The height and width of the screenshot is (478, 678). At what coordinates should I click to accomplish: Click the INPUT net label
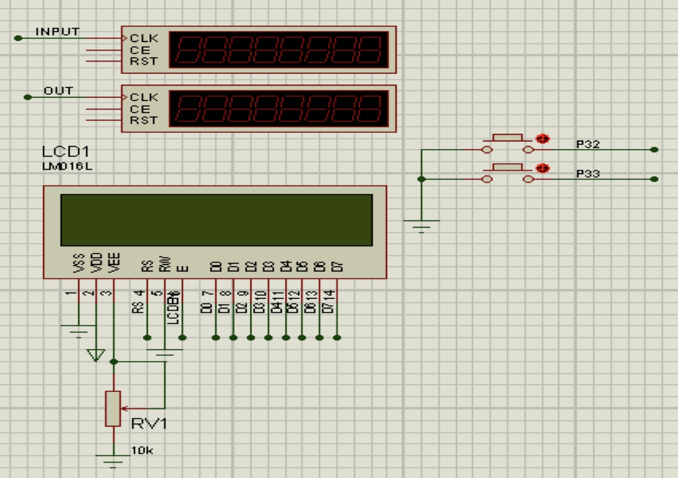(x=57, y=32)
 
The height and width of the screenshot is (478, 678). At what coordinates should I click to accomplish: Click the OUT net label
(x=58, y=91)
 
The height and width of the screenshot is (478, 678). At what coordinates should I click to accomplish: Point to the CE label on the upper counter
(x=138, y=50)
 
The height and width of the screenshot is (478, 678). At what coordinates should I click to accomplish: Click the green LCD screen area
(x=216, y=220)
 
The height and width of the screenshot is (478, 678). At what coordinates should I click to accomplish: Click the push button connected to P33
(x=508, y=168)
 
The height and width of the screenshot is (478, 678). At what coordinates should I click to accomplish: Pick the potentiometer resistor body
(x=113, y=408)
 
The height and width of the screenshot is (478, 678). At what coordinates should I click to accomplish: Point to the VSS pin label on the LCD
(x=80, y=264)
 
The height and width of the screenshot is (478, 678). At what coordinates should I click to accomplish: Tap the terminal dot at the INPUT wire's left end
(x=19, y=38)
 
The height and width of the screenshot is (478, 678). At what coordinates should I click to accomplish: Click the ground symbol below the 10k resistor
(x=113, y=460)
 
